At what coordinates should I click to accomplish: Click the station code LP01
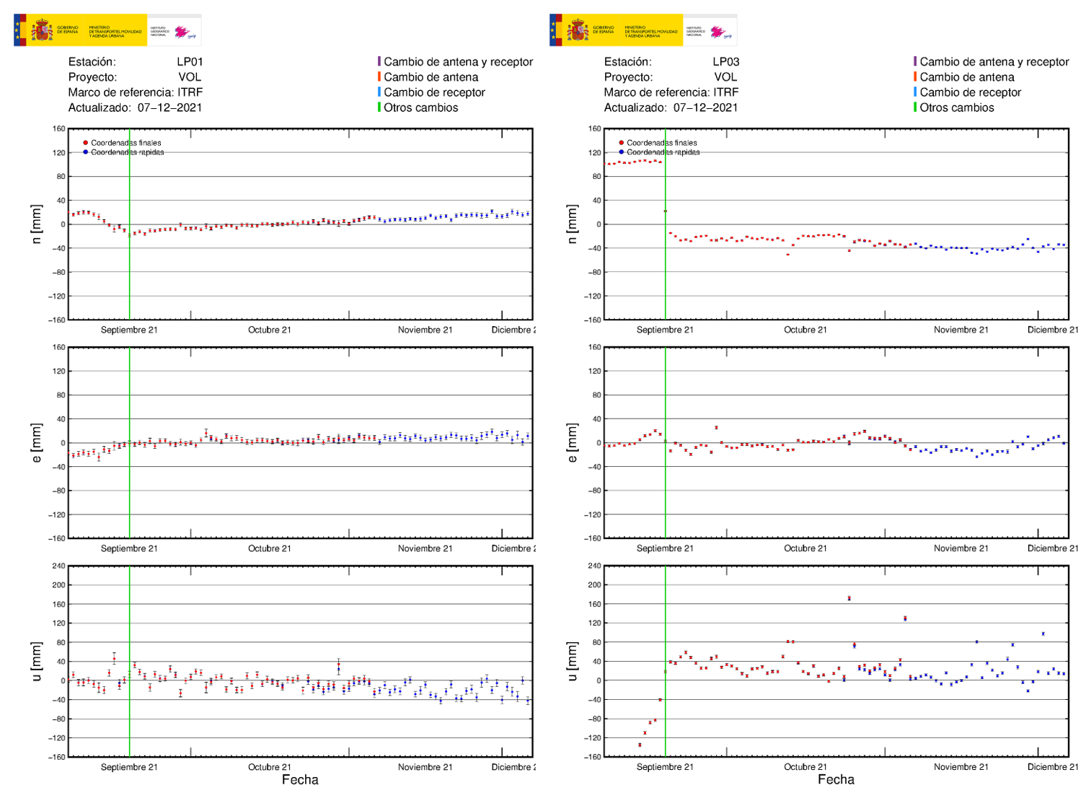coord(190,62)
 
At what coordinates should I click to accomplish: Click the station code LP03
coord(725,62)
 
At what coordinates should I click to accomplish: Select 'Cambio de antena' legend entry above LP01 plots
coord(431,77)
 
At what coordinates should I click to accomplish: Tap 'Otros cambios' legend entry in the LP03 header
coord(956,108)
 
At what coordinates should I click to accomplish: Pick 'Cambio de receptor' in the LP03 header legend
coord(970,92)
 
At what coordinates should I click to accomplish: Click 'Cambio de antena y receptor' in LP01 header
coord(458,62)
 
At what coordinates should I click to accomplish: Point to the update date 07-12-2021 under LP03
coord(705,108)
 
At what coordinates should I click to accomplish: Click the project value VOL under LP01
coord(190,77)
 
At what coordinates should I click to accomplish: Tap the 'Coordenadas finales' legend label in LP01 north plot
coord(125,143)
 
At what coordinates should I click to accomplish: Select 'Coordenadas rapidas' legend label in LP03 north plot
coord(663,152)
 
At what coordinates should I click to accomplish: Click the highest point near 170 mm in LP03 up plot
coord(849,598)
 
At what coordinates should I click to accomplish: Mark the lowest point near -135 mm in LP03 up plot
coord(640,745)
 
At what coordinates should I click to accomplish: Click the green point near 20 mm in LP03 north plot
coord(665,211)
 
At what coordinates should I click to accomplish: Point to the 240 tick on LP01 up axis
coord(58,566)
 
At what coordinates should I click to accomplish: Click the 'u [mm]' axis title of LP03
coord(573,660)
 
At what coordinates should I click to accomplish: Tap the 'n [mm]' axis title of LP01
coord(37,224)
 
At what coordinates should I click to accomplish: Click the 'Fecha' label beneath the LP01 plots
coord(300,779)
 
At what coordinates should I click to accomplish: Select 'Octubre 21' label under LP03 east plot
coord(805,548)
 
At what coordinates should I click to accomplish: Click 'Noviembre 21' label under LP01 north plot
coord(425,330)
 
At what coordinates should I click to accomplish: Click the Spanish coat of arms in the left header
coord(41,30)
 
